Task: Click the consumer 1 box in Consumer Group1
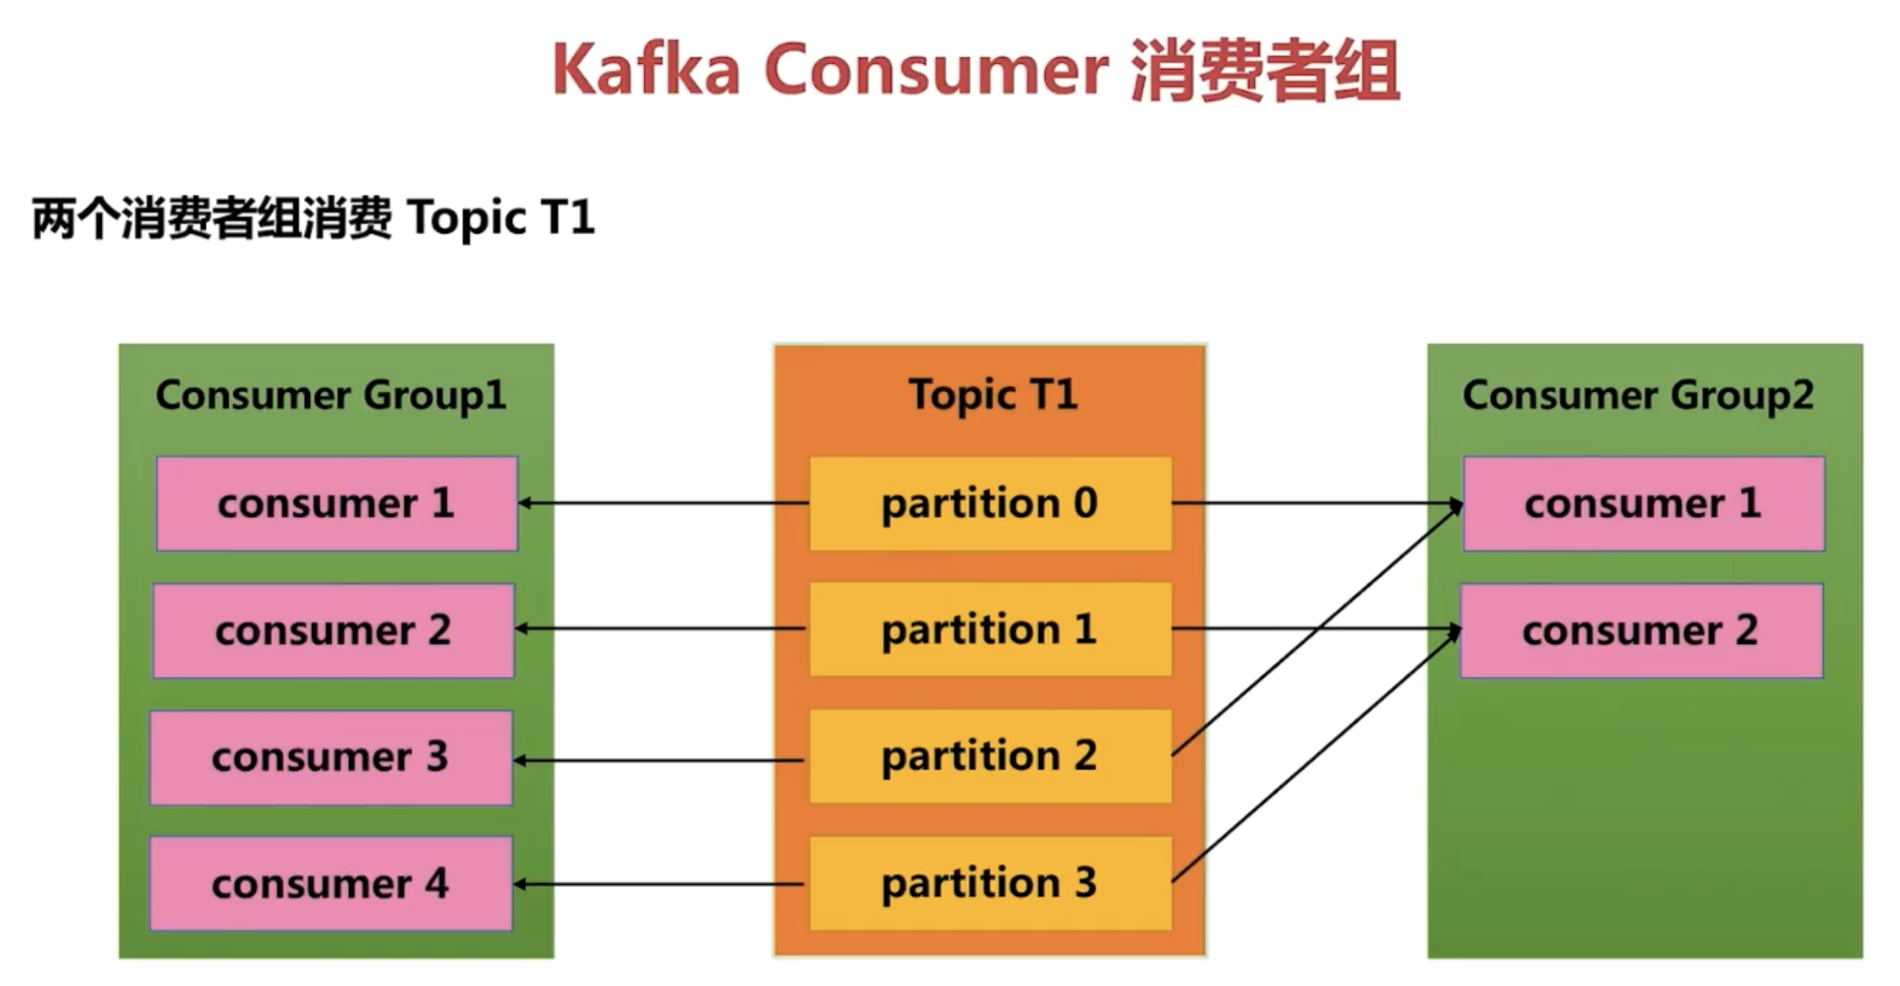point(337,504)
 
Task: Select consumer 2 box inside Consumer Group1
point(334,631)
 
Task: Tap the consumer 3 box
point(331,757)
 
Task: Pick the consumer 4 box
point(331,883)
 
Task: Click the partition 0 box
point(991,504)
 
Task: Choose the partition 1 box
point(991,629)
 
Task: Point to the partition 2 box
point(991,756)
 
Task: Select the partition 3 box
point(991,883)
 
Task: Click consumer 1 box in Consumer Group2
point(1644,504)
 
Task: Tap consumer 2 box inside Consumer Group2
point(1642,631)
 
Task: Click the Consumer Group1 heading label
point(331,396)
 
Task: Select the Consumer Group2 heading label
point(1638,396)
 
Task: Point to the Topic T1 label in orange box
point(993,395)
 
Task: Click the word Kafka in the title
point(646,70)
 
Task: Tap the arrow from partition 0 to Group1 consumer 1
point(664,504)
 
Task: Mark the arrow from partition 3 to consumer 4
point(659,883)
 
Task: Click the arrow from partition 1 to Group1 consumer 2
point(660,629)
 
